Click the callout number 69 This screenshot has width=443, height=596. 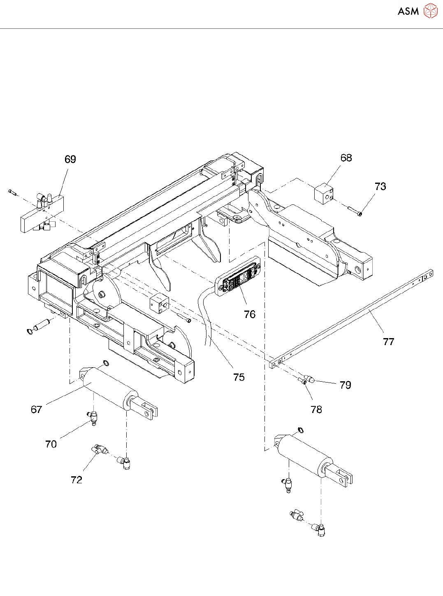(70, 159)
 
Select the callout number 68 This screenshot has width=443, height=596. (346, 158)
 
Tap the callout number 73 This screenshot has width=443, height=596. (380, 186)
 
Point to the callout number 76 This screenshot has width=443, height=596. (250, 314)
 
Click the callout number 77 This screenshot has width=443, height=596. (389, 341)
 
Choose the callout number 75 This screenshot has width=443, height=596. (239, 377)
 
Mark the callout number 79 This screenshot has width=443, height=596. (346, 385)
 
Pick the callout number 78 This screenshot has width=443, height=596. (316, 409)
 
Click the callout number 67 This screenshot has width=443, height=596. (37, 409)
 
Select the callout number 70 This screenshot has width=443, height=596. (51, 444)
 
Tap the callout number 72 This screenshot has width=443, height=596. (77, 480)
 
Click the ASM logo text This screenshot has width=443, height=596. (408, 12)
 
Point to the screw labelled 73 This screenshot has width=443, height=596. (354, 211)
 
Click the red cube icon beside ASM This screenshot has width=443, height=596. (431, 11)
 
